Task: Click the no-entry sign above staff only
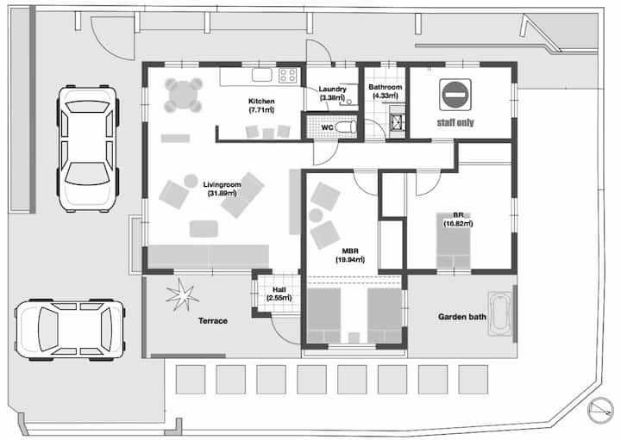coord(455,95)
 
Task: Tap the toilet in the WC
coord(346,127)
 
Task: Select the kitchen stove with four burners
coord(288,75)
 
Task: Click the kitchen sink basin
coord(262,75)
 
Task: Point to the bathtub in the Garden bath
coord(499,314)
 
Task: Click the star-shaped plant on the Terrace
coord(182,294)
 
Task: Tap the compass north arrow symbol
coord(600,410)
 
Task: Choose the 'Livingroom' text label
coord(223,184)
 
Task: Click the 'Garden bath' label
coord(462,317)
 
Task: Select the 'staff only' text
coord(455,122)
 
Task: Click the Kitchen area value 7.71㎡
coord(261,110)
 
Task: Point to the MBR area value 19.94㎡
coord(350,260)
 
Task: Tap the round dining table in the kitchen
coord(184,96)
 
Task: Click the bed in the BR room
coord(454,241)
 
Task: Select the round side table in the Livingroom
coord(191,181)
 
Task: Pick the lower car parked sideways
coord(70,330)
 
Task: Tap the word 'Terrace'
coord(213,321)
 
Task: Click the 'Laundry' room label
coord(333,90)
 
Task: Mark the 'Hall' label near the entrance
coord(279,290)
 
